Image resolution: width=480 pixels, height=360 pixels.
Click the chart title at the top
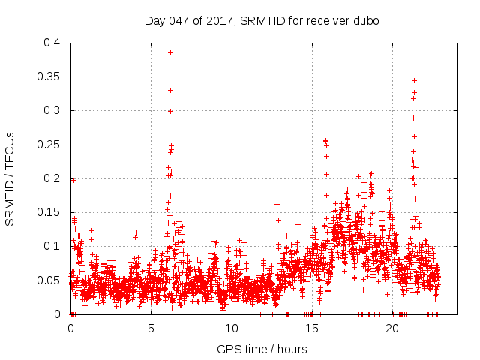point(262,21)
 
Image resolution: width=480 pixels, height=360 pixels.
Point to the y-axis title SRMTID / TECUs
point(10,178)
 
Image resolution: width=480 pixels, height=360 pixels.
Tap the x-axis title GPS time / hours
point(262,349)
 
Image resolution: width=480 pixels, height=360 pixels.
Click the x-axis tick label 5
point(151,328)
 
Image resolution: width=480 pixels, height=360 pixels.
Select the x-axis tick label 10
point(231,328)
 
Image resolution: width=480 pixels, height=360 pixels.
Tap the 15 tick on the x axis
point(311,328)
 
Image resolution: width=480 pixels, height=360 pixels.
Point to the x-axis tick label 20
point(391,328)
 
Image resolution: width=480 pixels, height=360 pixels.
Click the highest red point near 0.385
point(171,52)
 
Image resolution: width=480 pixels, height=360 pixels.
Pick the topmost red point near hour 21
point(414,80)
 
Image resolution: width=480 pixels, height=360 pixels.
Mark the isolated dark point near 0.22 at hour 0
point(73,166)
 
